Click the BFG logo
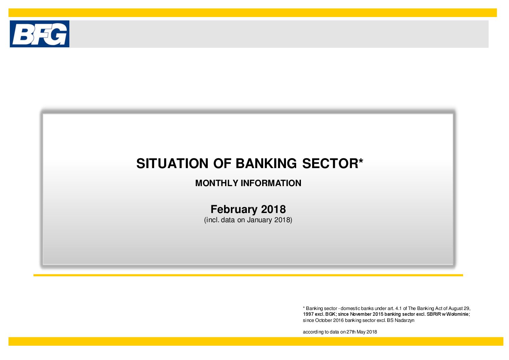pos(39,34)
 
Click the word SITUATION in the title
pos(172,164)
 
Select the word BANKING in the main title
pos(266,164)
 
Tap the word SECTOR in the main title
pos(330,164)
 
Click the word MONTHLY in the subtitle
pos(217,183)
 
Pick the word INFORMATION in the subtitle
pos(271,183)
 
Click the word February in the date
pos(234,210)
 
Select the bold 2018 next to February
pos(273,209)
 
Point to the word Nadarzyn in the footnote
pos(405,321)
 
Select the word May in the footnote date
pos(361,332)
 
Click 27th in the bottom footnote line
pos(351,332)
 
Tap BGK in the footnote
pos(331,314)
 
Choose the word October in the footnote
pos(324,321)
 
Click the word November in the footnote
pos(360,314)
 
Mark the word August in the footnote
pos(455,309)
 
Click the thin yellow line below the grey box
pos(248,275)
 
